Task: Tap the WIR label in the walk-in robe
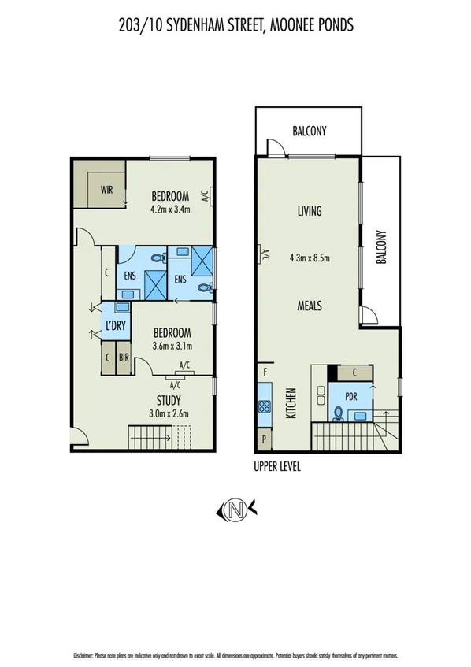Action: pos(106,189)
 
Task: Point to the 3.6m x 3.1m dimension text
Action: pos(172,345)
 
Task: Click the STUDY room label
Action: pos(169,400)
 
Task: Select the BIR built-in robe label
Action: pos(123,358)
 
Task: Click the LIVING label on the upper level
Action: pos(310,211)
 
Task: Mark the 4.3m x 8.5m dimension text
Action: pos(310,257)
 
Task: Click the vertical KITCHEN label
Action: pos(290,402)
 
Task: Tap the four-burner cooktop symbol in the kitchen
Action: pos(264,407)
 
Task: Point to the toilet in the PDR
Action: pos(338,411)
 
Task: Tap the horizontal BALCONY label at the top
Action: pos(309,132)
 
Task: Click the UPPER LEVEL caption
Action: pos(277,466)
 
